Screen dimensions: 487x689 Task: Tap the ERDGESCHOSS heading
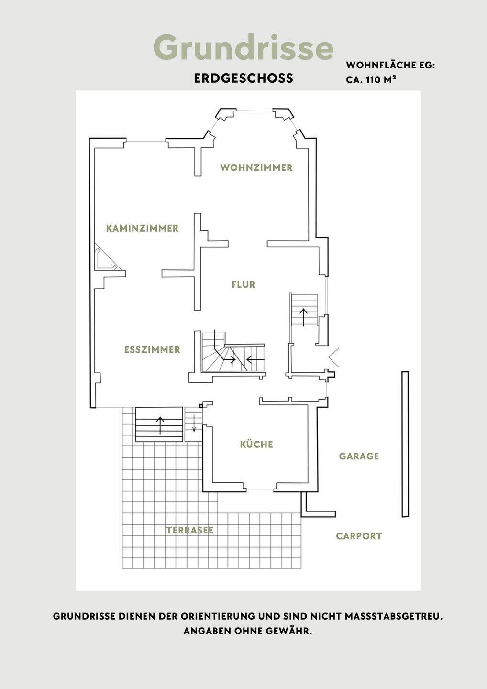[x=243, y=78]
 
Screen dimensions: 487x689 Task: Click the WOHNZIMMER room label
[x=256, y=167]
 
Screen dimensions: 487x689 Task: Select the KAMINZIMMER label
[x=142, y=228]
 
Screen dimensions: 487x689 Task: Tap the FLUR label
[x=243, y=284]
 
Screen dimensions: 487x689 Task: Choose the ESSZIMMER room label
[x=152, y=349]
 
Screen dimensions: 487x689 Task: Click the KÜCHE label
[x=256, y=444]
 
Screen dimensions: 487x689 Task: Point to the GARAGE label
[x=359, y=456]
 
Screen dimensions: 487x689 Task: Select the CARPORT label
[x=359, y=536]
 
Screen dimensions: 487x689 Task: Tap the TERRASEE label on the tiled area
[x=190, y=530]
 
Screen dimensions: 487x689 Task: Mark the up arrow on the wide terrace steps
[x=160, y=426]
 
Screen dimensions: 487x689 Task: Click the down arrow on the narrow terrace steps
[x=194, y=423]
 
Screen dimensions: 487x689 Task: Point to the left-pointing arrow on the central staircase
[x=255, y=359]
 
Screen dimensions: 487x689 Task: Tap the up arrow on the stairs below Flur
[x=303, y=317]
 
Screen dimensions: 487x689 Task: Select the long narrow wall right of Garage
[x=405, y=444]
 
